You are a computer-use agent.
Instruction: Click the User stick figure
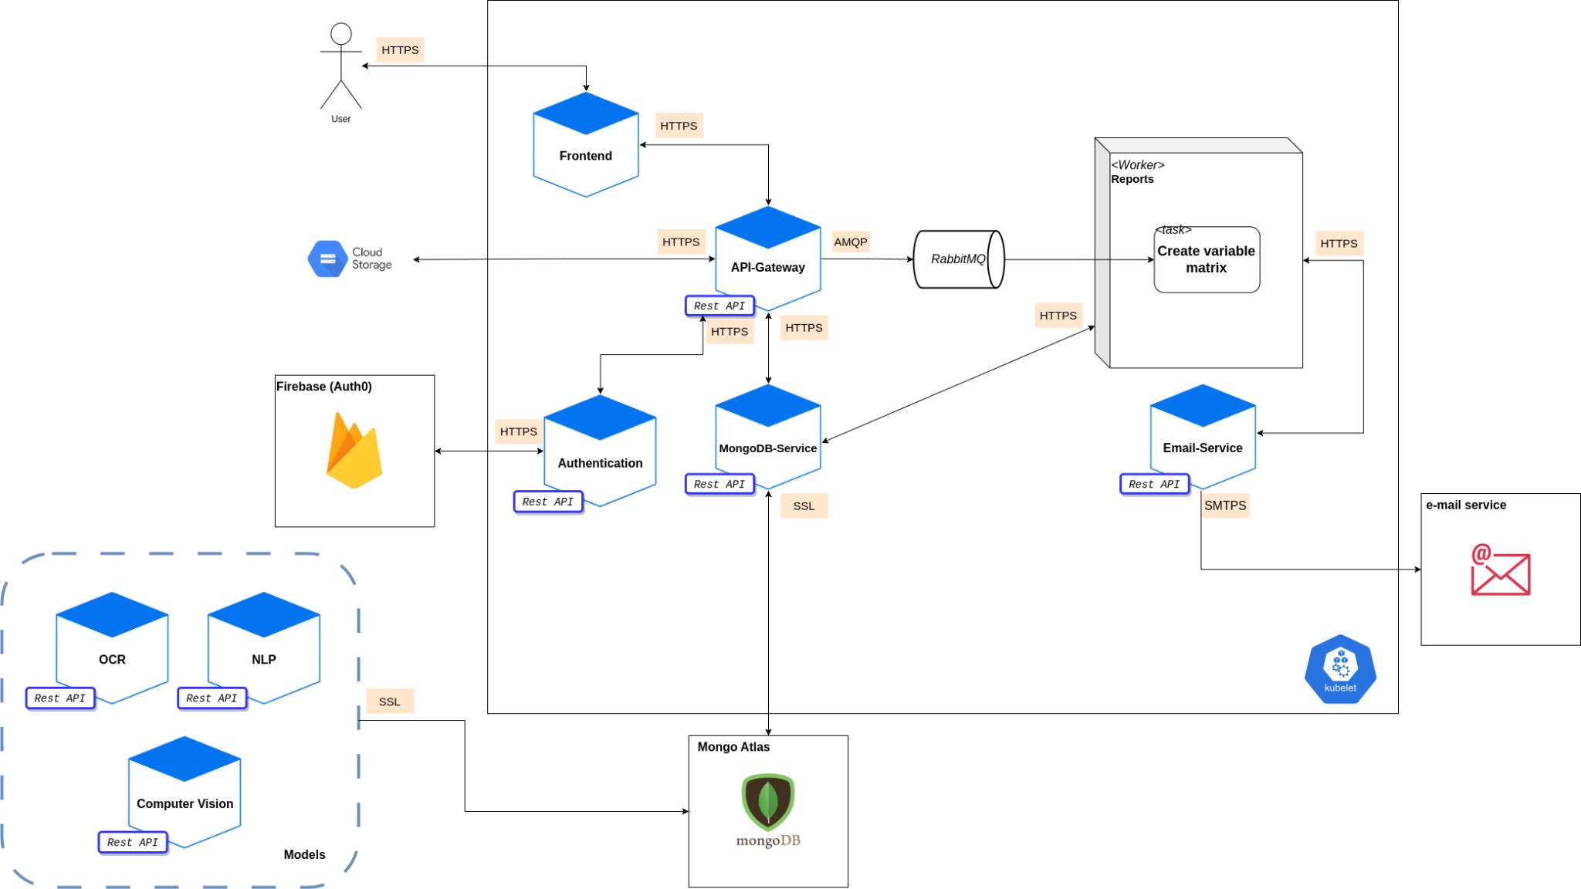click(340, 67)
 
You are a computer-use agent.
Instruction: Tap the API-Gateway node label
click(767, 268)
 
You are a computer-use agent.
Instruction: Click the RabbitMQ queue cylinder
click(959, 259)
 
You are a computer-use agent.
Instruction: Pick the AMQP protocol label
click(851, 242)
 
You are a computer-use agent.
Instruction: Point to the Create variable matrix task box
click(1207, 259)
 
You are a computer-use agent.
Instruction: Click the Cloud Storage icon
click(327, 259)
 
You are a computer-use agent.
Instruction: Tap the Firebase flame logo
click(354, 451)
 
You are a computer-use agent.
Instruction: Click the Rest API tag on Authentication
click(548, 502)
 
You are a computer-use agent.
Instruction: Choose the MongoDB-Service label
click(767, 448)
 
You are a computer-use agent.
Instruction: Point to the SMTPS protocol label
click(1225, 505)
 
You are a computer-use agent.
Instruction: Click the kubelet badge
click(1340, 669)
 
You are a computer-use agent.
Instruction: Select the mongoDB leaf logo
click(768, 801)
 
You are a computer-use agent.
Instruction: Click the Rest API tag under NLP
click(212, 698)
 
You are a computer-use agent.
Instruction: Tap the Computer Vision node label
click(185, 804)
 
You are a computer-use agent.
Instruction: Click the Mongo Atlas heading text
click(733, 747)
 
